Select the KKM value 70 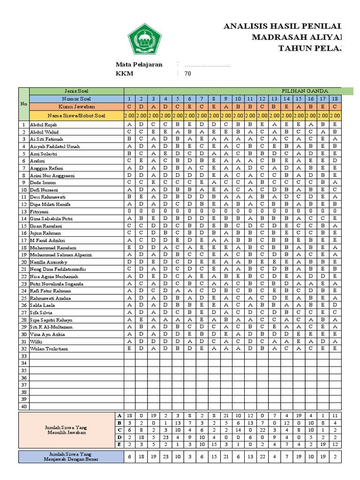coord(187,74)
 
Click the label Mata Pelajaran coord(139,65)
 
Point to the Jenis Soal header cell coord(76,90)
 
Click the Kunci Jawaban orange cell coord(76,106)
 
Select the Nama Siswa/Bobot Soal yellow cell coord(76,115)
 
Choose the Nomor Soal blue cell coord(76,98)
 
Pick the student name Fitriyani coord(39,211)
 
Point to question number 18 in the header coord(335,98)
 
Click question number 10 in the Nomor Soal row coord(238,98)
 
